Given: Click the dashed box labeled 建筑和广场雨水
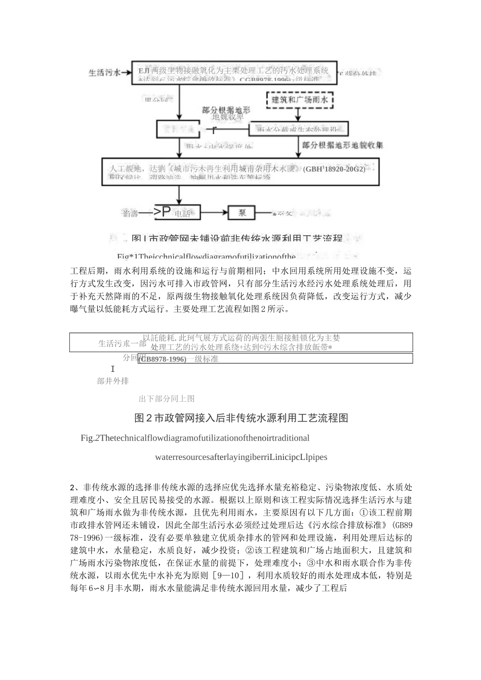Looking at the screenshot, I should (x=300, y=100).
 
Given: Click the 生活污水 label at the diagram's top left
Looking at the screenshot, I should (x=104, y=73).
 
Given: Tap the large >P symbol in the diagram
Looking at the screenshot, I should (x=163, y=212).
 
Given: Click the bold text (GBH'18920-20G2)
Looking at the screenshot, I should (x=334, y=169).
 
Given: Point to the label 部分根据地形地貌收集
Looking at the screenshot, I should (x=343, y=145).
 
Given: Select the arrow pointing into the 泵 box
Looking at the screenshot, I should (x=215, y=213).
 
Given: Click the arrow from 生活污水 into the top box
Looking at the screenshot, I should (x=126, y=73).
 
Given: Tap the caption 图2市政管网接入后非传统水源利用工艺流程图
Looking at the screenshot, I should (x=241, y=418).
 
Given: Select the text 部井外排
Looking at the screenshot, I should (x=113, y=381).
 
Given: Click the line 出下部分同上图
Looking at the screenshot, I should (x=167, y=399).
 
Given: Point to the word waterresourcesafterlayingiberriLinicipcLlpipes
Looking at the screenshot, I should (x=241, y=457).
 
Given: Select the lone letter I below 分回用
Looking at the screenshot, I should (x=112, y=369).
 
